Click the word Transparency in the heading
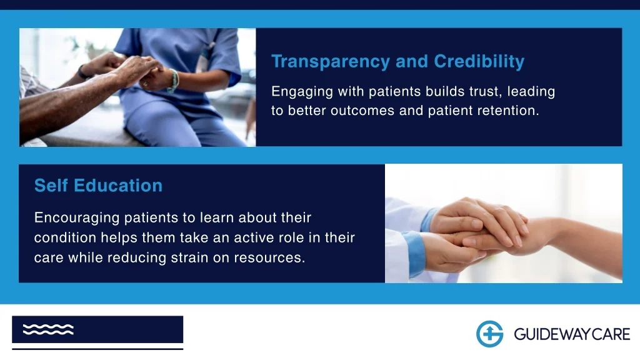pyautogui.click(x=331, y=62)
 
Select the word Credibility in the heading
pyautogui.click(x=479, y=62)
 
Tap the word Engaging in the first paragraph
pyautogui.click(x=302, y=92)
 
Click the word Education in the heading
pyautogui.click(x=118, y=185)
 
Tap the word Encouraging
pyautogui.click(x=77, y=218)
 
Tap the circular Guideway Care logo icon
pyautogui.click(x=490, y=334)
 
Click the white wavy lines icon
pyautogui.click(x=48, y=329)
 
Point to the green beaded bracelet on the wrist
pyautogui.click(x=174, y=80)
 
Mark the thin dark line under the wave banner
pyautogui.click(x=97, y=349)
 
